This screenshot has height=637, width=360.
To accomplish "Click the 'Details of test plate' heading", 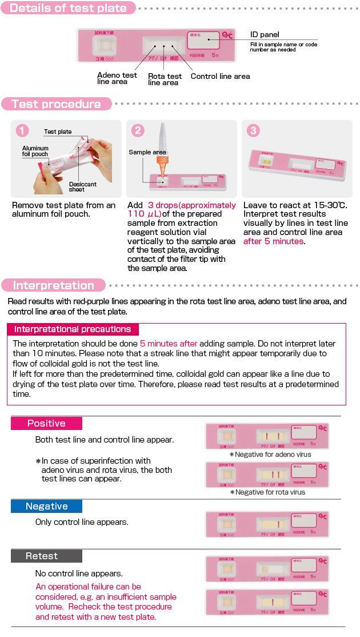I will tap(68, 8).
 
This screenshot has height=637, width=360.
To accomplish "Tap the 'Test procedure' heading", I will tap(55, 104).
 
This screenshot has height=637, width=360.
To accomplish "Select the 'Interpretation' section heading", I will tap(53, 285).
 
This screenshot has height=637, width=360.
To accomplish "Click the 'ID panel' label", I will tap(265, 35).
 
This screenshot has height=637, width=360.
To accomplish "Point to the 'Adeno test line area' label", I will tap(117, 78).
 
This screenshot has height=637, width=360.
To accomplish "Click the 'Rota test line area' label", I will tap(165, 79).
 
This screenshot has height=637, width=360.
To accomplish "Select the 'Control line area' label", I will tap(220, 76).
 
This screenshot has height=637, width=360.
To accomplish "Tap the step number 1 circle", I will tap(22, 130).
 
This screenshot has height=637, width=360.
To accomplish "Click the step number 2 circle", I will tap(138, 130).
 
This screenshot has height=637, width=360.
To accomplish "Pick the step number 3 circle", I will tap(253, 130).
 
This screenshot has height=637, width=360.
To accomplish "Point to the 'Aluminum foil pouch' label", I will tap(35, 151).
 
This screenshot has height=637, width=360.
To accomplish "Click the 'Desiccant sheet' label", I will tap(82, 187).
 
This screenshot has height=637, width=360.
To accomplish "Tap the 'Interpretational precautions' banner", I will tap(73, 329).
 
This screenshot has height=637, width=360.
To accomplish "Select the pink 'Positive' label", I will tap(46, 424).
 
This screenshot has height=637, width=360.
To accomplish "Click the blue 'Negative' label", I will tap(46, 507).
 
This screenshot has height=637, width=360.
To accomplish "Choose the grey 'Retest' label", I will tap(42, 556).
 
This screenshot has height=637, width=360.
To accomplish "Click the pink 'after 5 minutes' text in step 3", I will tap(273, 241).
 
